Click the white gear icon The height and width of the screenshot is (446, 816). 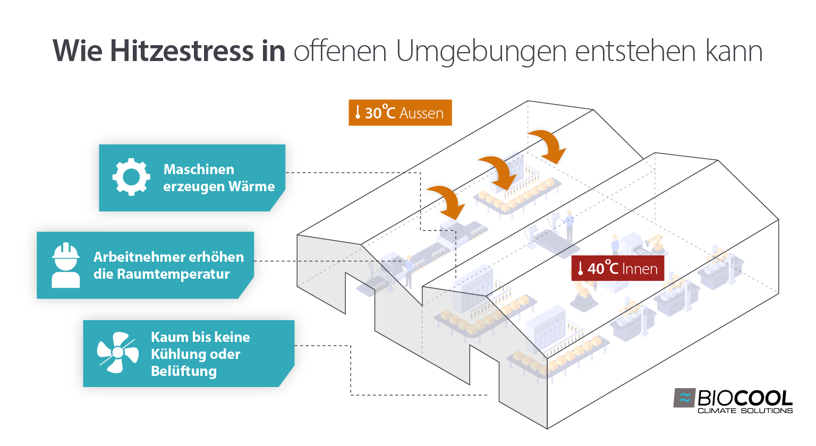[131, 177]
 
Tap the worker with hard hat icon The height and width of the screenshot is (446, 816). [66, 265]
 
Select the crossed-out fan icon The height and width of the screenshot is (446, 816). [117, 353]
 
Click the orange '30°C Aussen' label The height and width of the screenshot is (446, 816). [400, 113]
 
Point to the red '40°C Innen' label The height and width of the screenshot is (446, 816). [617, 269]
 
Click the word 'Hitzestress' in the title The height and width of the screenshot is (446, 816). [182, 51]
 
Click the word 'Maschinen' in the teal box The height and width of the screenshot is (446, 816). [199, 169]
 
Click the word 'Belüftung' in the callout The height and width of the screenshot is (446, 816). [184, 371]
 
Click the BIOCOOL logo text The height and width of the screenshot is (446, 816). [744, 398]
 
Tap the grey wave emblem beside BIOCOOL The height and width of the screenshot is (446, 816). [685, 398]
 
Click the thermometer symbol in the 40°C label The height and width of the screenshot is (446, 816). [581, 269]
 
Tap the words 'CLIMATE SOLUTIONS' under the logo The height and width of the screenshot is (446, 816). [744, 410]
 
